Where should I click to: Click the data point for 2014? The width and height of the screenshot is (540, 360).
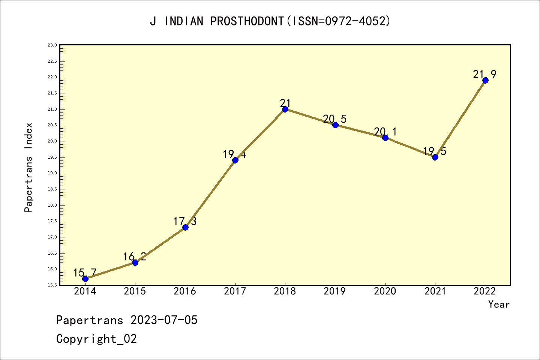coord(85,279)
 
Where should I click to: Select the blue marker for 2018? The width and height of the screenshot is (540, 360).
coord(285,109)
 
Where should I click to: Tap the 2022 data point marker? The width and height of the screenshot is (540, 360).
coord(485,80)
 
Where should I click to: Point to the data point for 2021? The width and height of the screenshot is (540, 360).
coord(435,157)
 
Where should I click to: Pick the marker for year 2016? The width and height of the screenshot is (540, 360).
coord(185,227)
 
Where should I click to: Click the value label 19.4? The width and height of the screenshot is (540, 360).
coord(234,154)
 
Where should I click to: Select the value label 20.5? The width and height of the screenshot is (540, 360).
coord(334,119)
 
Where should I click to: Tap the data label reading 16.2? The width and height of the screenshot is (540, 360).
coord(134,256)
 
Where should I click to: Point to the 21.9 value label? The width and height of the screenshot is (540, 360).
coord(484,75)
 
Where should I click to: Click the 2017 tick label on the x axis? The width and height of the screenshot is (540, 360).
coord(235,291)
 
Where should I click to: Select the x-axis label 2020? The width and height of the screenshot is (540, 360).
coord(385,291)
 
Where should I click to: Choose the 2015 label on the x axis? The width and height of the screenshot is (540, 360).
coord(135,291)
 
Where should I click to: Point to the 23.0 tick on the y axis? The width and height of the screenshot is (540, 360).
coord(52,45)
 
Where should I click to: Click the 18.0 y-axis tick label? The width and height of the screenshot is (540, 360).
coord(52,205)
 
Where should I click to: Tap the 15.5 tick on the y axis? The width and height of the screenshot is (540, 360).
coord(52,285)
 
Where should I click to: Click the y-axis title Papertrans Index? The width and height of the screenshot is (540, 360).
coord(28,167)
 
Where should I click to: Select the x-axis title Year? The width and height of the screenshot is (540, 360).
coord(499,304)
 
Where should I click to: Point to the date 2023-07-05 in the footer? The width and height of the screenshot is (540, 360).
coord(164,320)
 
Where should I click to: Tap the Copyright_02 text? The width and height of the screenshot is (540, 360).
coord(96,339)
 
